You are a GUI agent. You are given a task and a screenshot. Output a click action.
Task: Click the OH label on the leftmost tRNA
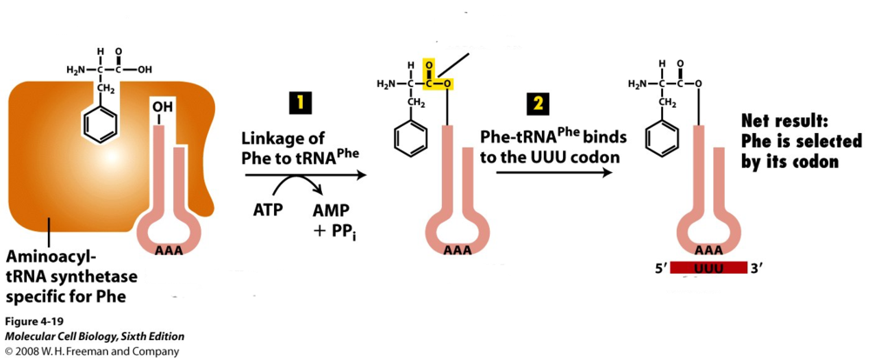(163, 107)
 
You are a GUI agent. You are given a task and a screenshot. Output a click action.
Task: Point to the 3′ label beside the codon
(756, 268)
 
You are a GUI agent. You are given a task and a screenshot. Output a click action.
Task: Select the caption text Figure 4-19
(32, 322)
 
